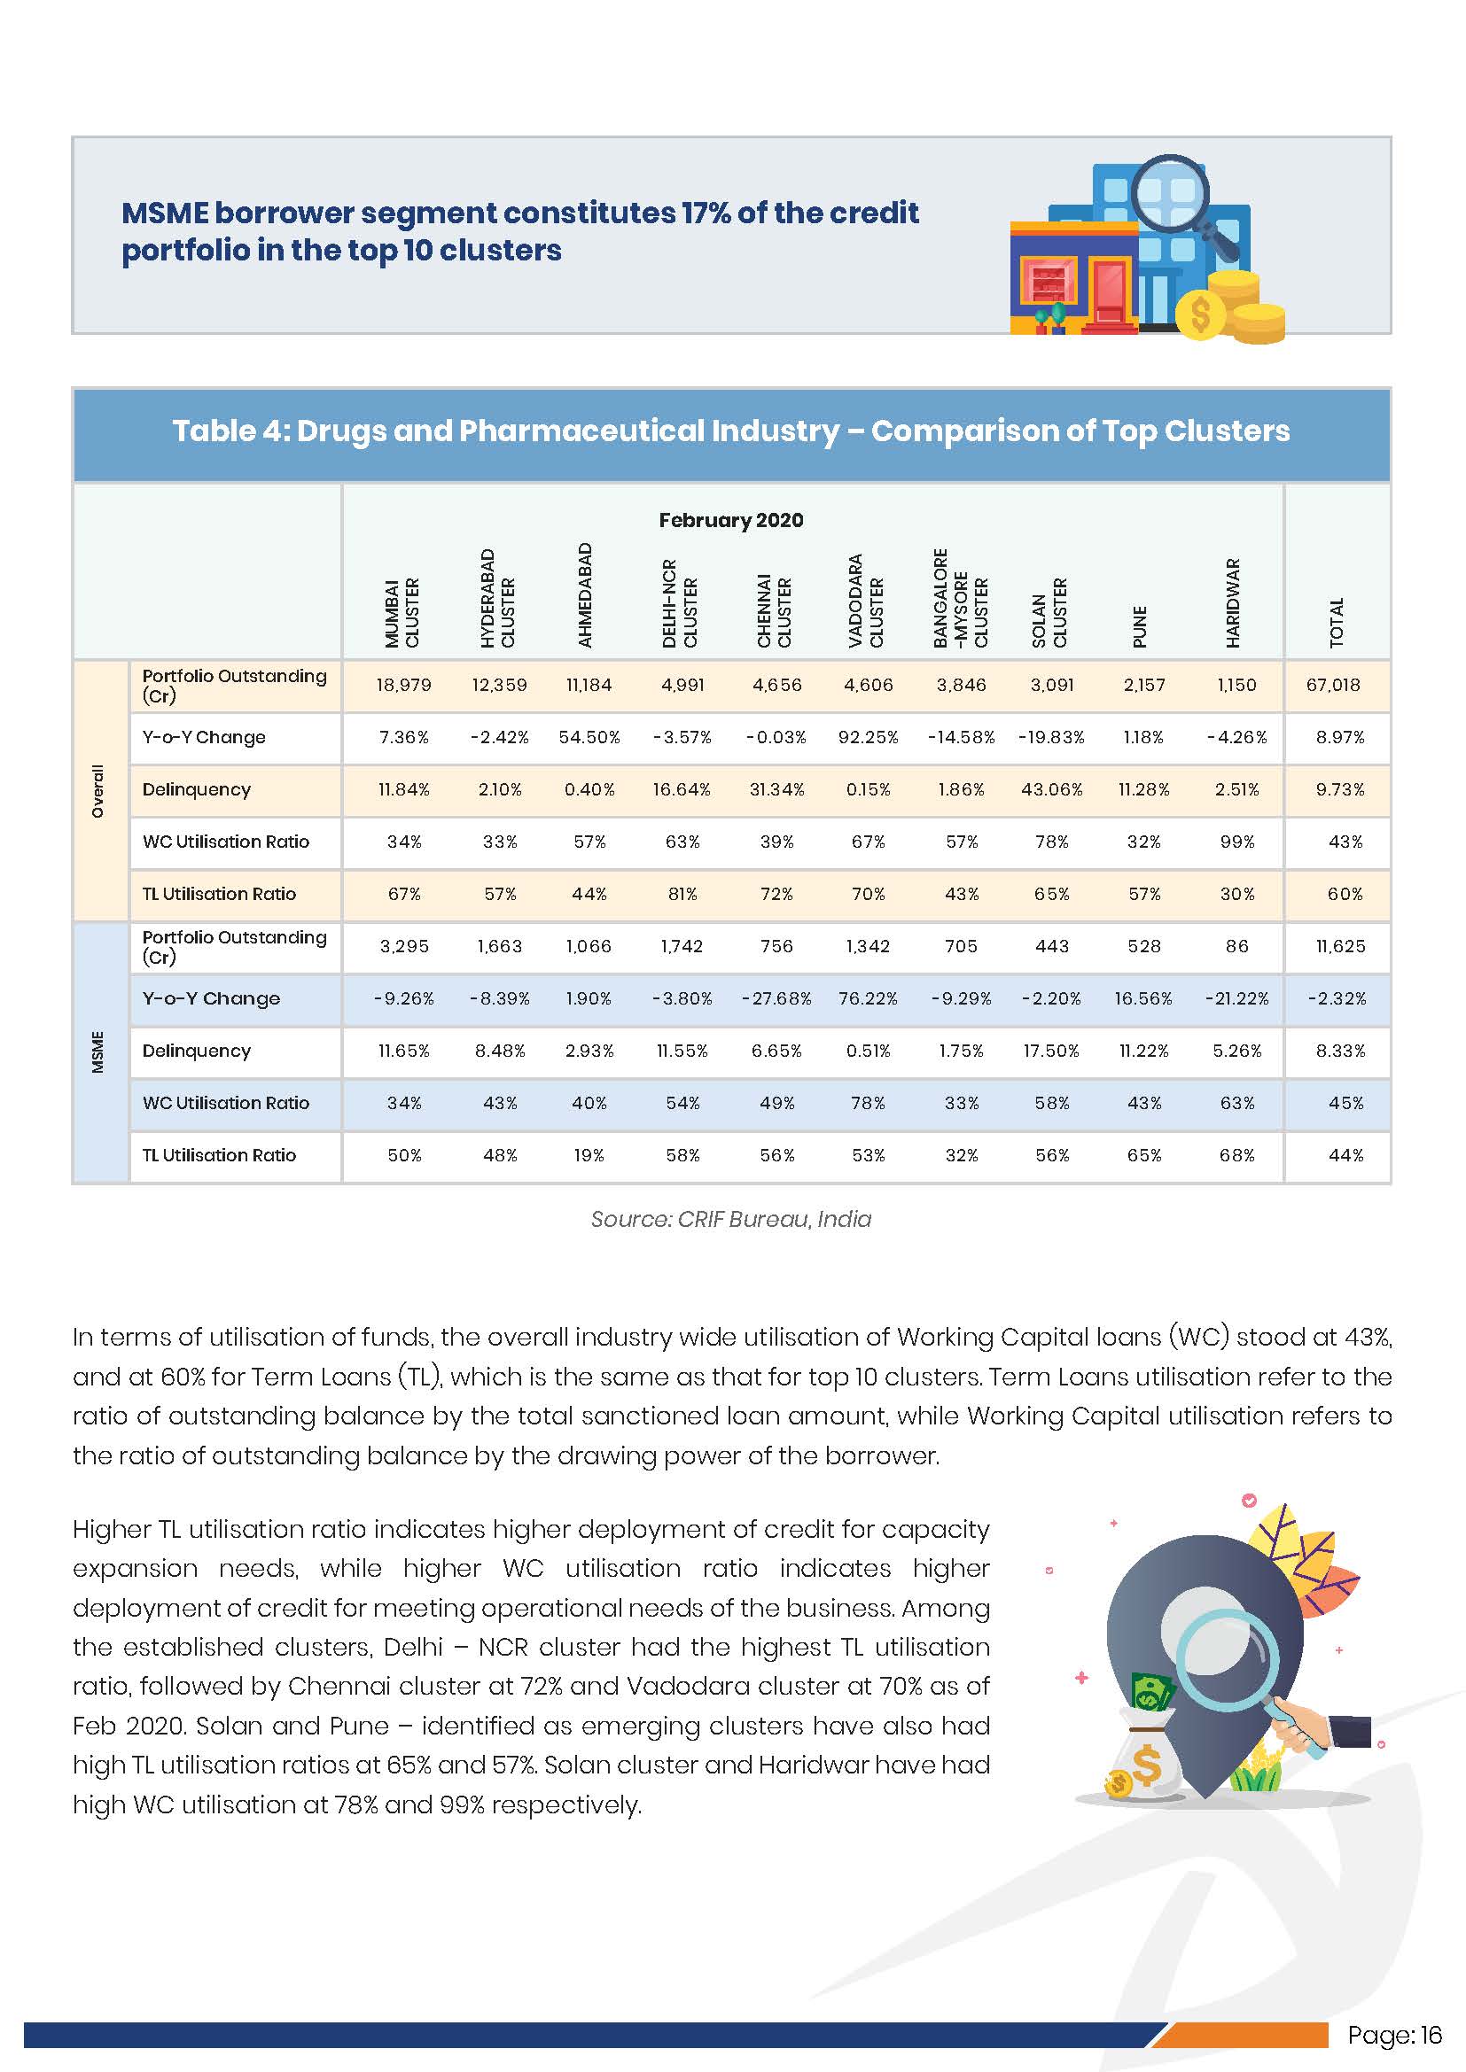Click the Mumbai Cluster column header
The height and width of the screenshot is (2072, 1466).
[402, 612]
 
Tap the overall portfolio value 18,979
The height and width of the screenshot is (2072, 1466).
[403, 685]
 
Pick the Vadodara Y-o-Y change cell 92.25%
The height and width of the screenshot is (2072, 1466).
[869, 737]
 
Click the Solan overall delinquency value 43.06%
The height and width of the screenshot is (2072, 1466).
[1052, 789]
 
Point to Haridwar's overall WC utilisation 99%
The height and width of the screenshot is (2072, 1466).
[1236, 842]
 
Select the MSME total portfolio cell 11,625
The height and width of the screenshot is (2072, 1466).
[1339, 947]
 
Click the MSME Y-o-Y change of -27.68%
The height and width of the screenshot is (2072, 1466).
[776, 999]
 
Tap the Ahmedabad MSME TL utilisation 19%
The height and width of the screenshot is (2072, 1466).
[589, 1155]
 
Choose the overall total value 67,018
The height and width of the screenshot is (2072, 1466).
[1332, 685]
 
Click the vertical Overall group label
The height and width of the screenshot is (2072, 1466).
[97, 790]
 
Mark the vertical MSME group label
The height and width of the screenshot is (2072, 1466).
[97, 1052]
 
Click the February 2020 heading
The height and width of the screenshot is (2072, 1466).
[730, 520]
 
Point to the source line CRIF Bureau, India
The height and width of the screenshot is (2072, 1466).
[730, 1219]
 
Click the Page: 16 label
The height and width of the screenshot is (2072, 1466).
[1394, 2035]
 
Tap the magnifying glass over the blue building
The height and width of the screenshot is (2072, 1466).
[1171, 194]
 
